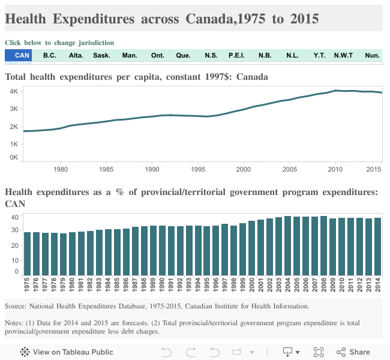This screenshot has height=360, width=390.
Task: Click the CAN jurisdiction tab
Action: click(x=22, y=56)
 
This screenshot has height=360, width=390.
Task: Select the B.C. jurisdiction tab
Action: click(x=50, y=56)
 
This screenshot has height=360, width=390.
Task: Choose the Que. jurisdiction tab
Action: click(x=184, y=56)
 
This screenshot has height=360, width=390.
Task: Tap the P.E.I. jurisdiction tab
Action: click(x=236, y=56)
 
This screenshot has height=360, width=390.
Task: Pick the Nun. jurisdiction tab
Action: click(x=372, y=56)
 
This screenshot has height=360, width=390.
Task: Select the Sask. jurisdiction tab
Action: click(x=101, y=56)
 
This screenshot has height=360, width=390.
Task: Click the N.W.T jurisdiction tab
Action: click(x=344, y=56)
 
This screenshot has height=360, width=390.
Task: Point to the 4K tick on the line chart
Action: click(x=13, y=91)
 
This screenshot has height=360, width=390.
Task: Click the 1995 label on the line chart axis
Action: click(x=197, y=169)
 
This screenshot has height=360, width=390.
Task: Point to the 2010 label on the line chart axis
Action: click(x=335, y=169)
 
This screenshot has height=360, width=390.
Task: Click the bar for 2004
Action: click(x=288, y=245)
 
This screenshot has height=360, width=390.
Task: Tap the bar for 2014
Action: click(x=378, y=247)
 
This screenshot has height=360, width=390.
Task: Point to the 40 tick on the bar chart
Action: click(x=15, y=217)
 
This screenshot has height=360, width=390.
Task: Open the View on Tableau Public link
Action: click(x=67, y=352)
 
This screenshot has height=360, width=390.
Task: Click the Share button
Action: click(x=353, y=352)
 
